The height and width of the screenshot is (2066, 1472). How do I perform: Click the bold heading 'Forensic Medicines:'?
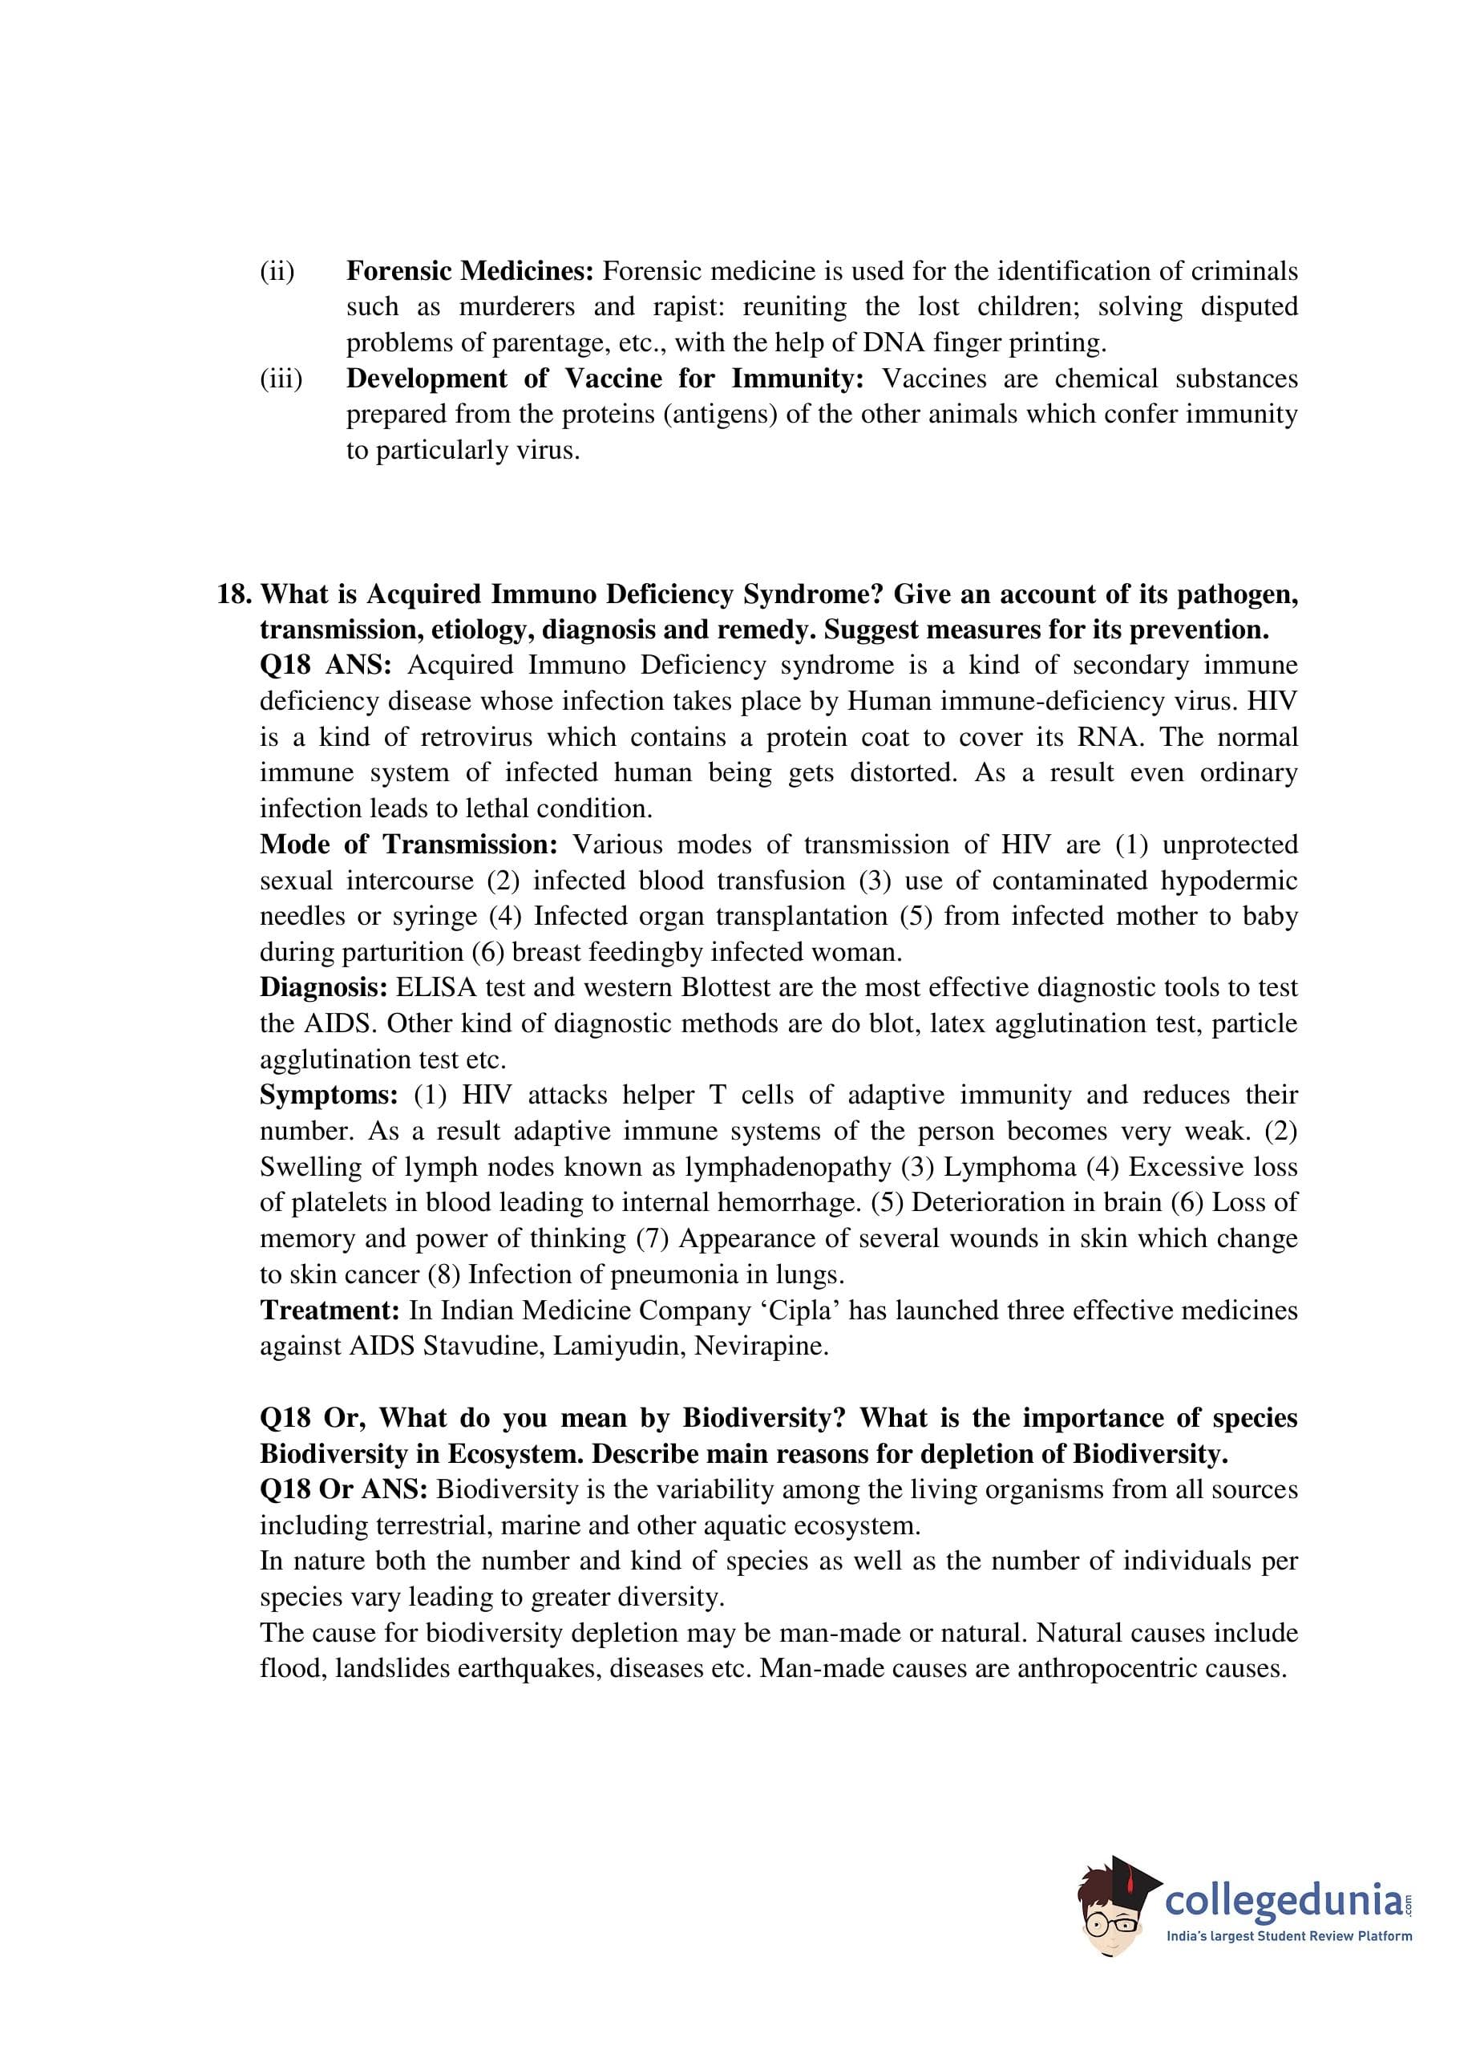[470, 271]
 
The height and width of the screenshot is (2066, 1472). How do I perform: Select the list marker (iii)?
[281, 379]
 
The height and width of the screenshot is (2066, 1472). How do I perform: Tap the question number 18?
[233, 594]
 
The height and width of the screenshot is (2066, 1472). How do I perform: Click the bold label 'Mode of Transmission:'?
[408, 845]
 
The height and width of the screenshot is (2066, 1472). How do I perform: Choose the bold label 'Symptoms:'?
[328, 1095]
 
